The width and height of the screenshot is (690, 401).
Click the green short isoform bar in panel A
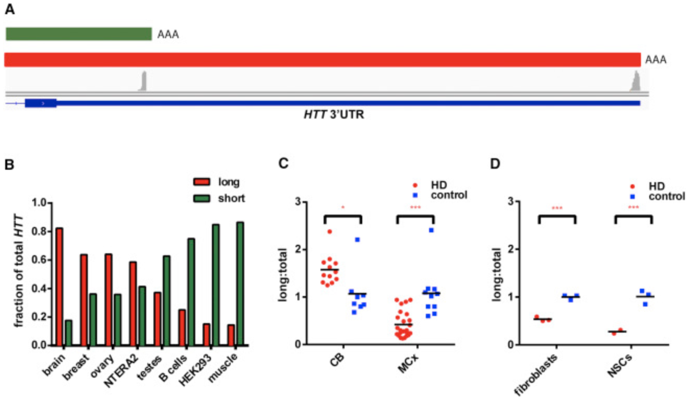click(78, 34)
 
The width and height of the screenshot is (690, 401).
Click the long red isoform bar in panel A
click(322, 60)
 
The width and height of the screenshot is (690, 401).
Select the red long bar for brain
click(60, 287)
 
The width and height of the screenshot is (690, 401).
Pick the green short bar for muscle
click(240, 284)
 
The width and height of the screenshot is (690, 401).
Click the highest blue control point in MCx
click(431, 230)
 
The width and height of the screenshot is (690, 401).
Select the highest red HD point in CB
click(330, 231)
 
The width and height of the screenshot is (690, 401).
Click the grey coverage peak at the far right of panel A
click(635, 82)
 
